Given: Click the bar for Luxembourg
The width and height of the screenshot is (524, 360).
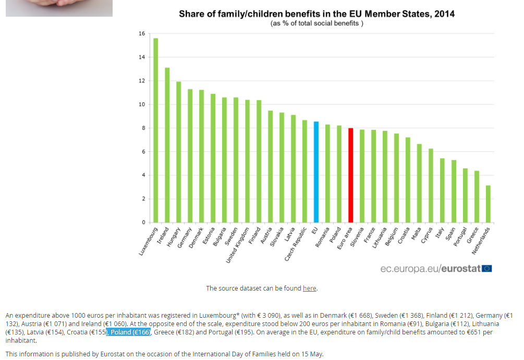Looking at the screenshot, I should click(x=155, y=130).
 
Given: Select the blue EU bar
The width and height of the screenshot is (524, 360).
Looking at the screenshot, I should click(x=316, y=172).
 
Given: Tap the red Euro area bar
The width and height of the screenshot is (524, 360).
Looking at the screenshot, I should click(x=350, y=175).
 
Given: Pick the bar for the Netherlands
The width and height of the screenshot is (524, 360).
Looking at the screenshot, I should click(x=488, y=204).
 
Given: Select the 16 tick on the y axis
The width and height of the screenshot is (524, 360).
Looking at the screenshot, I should click(x=142, y=34).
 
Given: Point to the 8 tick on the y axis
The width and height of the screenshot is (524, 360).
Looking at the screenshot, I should click(x=142, y=128).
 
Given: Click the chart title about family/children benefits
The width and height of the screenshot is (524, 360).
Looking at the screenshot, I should click(x=316, y=14).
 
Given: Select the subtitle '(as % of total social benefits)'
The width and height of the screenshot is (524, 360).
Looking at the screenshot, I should click(x=316, y=23).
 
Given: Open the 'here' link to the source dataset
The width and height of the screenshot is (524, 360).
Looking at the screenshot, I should click(x=309, y=289).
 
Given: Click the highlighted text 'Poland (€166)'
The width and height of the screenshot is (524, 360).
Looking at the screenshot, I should click(x=128, y=332).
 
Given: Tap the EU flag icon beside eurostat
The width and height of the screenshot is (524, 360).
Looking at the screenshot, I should click(x=487, y=269).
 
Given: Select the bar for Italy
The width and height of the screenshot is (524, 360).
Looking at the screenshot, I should click(x=442, y=190).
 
